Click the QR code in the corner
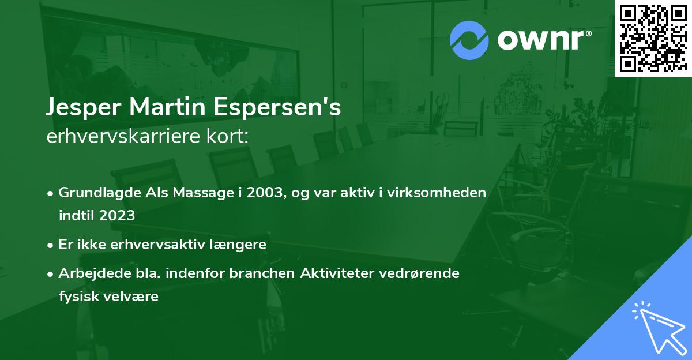(x=653, y=37)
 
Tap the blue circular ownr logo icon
(x=469, y=40)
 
